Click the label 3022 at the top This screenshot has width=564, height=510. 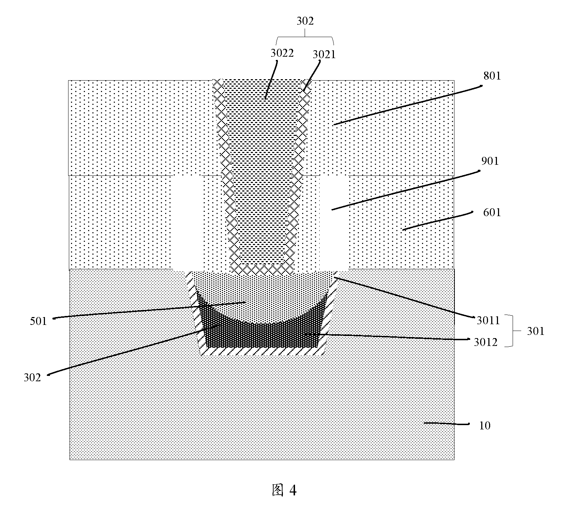click(x=282, y=53)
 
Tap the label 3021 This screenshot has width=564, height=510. click(x=324, y=55)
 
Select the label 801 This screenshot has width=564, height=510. click(x=492, y=76)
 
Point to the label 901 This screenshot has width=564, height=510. click(x=490, y=161)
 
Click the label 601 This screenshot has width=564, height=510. click(x=492, y=213)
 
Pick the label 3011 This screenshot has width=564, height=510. click(x=488, y=321)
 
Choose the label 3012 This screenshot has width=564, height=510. click(x=486, y=342)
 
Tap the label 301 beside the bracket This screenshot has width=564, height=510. click(x=536, y=331)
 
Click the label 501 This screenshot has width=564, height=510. click(x=39, y=321)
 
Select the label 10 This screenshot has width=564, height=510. click(x=484, y=425)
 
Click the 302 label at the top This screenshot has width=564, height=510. click(x=305, y=21)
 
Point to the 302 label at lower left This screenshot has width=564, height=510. click(x=32, y=378)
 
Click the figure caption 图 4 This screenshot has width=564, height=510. click(x=284, y=490)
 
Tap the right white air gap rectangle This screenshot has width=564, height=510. click(x=334, y=222)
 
